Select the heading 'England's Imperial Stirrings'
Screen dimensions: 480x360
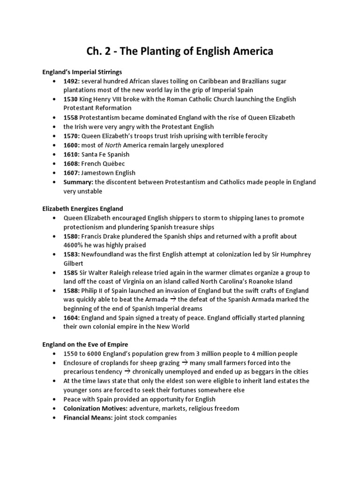[82, 72]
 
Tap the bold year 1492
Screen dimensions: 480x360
[73, 82]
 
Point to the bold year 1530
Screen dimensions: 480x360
[72, 100]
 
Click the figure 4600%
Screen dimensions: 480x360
[75, 245]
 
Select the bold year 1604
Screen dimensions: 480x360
[73, 318]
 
